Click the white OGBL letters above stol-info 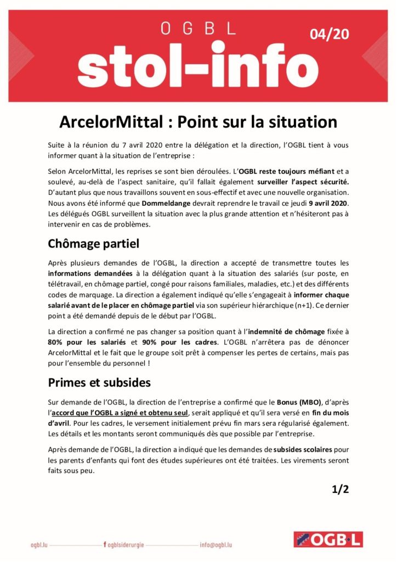pyautogui.click(x=198, y=29)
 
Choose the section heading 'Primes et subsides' pyautogui.click(x=99, y=382)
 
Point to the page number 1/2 pyautogui.click(x=340, y=490)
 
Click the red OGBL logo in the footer pyautogui.click(x=327, y=540)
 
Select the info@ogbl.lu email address pyautogui.click(x=216, y=545)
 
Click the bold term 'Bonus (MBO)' pyautogui.click(x=298, y=401)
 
